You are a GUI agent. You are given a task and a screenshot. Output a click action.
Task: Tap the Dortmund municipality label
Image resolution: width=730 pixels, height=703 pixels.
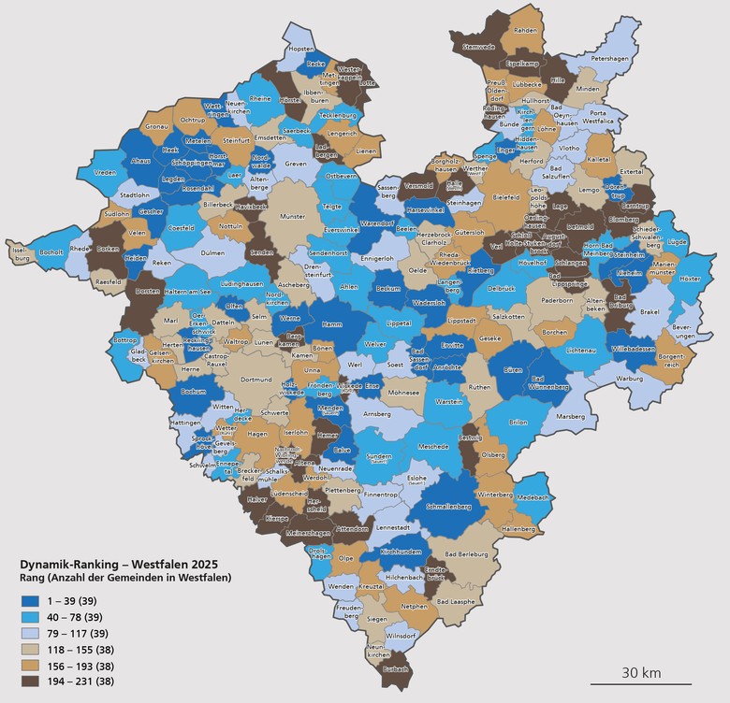point(255,380)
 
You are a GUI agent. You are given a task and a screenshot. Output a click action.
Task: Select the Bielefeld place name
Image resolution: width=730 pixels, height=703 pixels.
point(505,198)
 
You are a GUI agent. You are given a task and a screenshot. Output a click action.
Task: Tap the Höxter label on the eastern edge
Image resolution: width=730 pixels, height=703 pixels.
point(690,279)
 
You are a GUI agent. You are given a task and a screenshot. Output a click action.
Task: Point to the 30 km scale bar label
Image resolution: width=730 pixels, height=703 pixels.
point(641,671)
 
